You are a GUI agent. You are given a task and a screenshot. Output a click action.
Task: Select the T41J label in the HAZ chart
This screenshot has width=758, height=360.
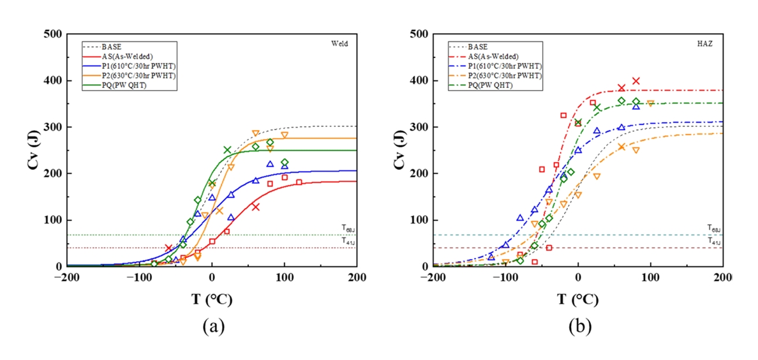click(x=714, y=241)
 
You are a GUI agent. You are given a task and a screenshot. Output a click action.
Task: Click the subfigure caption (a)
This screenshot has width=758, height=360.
click(x=212, y=326)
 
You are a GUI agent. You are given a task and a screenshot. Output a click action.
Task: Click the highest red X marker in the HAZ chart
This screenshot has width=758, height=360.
click(x=635, y=81)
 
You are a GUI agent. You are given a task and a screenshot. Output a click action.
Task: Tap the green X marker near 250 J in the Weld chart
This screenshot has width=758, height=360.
click(x=227, y=150)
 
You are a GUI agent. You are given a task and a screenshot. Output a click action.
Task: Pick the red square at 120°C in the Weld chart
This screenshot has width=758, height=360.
click(x=299, y=183)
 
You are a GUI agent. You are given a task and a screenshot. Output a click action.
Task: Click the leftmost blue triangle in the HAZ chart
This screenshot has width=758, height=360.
click(x=491, y=257)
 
